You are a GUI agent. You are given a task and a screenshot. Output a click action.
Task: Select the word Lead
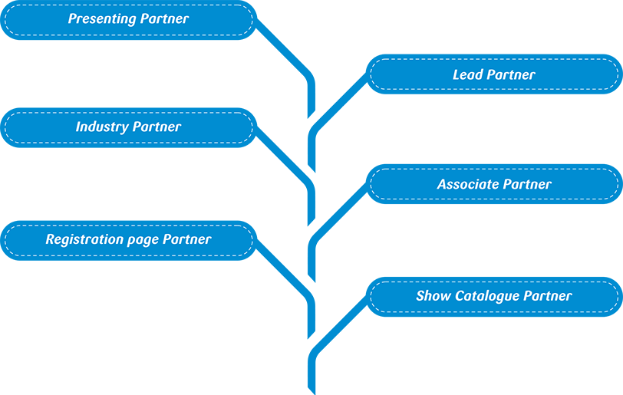(x=468, y=74)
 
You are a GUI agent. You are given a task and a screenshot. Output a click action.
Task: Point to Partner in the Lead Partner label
(x=511, y=74)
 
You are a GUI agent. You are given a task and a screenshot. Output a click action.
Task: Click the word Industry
(x=102, y=127)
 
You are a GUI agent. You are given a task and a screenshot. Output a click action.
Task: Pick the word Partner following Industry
(x=157, y=127)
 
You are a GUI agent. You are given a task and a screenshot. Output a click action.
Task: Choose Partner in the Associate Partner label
(x=527, y=184)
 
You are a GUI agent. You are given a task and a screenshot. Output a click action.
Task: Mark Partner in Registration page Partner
(x=186, y=239)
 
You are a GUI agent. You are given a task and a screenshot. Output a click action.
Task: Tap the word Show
(x=433, y=296)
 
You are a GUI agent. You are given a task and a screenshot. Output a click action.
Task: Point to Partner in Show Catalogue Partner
(x=548, y=296)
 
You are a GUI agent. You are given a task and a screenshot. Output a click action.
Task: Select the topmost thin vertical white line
(x=337, y=90)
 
